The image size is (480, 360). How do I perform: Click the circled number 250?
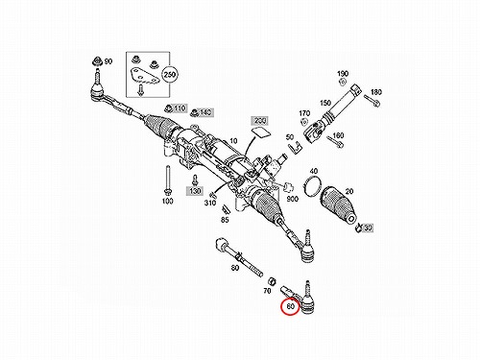[169, 75]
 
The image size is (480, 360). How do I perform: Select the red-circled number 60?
[290, 306]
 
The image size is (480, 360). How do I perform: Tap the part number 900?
[292, 199]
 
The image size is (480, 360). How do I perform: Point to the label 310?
[210, 203]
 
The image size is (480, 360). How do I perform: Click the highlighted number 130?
[195, 191]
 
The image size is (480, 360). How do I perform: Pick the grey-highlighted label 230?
[260, 121]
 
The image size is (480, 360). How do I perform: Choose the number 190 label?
[343, 74]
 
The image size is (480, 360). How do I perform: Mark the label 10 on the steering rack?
[233, 140]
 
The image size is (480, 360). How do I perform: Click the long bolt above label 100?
[167, 180]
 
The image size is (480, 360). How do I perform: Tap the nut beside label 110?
[167, 108]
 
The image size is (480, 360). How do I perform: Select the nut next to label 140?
[194, 112]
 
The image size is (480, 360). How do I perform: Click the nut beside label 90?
[96, 61]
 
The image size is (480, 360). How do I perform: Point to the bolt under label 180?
[372, 100]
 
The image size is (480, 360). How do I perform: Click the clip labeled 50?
[295, 148]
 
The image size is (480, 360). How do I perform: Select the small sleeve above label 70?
[273, 280]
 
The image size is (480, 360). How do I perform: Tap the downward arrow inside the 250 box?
[140, 89]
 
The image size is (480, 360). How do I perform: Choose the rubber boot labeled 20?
[339, 204]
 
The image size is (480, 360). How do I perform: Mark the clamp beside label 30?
[359, 227]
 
